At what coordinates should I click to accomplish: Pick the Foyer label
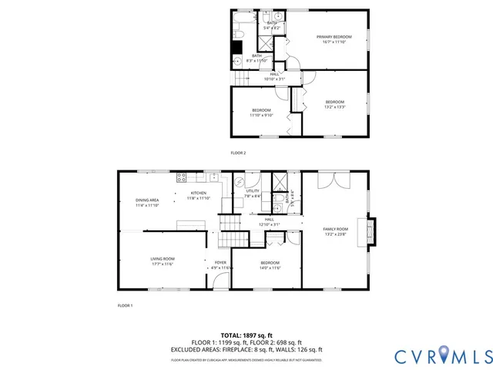[220, 265]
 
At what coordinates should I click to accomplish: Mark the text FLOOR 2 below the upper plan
[238, 153]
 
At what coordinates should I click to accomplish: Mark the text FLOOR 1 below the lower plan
[125, 306]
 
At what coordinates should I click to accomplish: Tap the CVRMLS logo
[442, 355]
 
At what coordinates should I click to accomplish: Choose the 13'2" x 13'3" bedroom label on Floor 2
[335, 105]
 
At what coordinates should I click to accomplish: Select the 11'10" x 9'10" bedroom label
[262, 113]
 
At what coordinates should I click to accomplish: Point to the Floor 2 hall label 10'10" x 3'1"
[274, 76]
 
